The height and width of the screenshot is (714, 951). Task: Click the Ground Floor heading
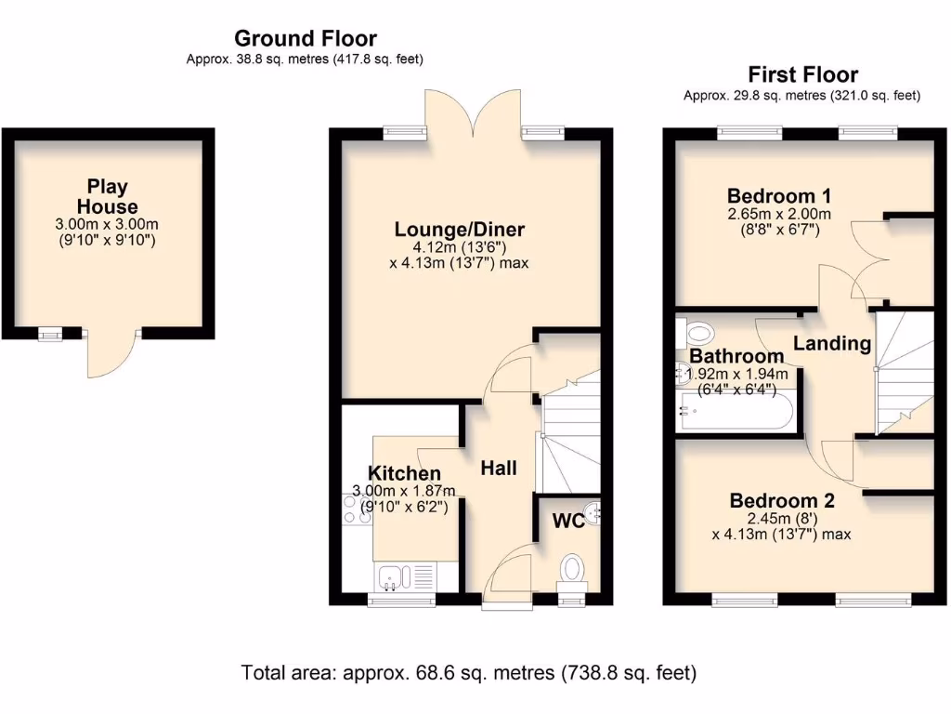tap(305, 39)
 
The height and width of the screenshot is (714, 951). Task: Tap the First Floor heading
tap(802, 74)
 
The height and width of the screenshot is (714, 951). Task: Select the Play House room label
tap(107, 197)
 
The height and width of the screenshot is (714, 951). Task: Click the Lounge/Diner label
tap(459, 230)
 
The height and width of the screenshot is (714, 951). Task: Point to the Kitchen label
tap(404, 474)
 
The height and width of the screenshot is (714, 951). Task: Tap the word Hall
tap(499, 469)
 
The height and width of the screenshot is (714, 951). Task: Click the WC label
tap(568, 522)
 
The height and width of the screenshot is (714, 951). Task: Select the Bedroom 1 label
tap(778, 196)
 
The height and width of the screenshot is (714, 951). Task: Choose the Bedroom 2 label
tap(781, 501)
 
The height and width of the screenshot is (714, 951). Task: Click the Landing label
tap(831, 344)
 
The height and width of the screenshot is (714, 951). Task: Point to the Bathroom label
tap(736, 357)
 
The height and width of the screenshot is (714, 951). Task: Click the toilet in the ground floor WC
tap(573, 569)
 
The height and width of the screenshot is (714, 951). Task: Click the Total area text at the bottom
tap(469, 671)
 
